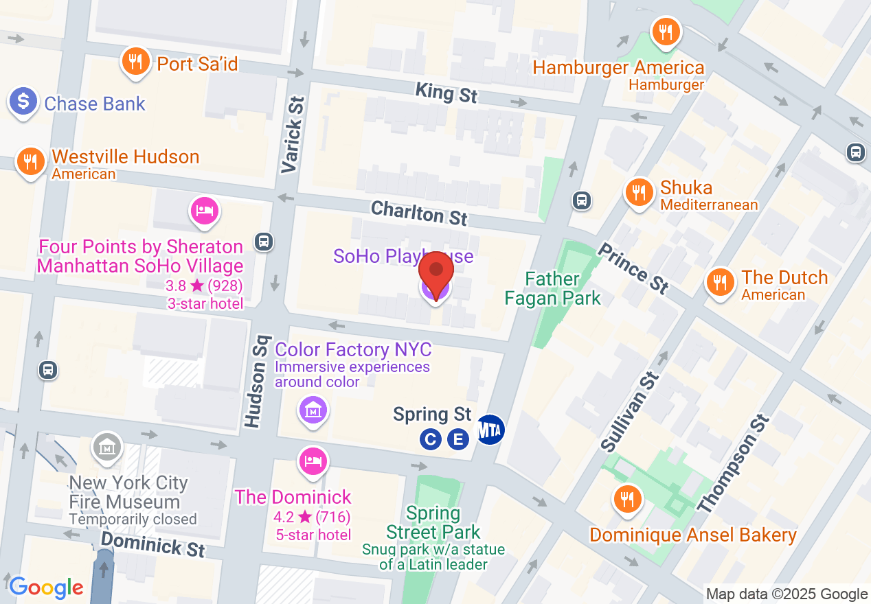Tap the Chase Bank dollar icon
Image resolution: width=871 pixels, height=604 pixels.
(23, 102)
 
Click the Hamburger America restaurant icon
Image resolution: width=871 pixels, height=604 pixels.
(664, 31)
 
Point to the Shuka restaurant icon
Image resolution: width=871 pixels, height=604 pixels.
(639, 191)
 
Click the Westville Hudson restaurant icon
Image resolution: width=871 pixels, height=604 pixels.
(30, 161)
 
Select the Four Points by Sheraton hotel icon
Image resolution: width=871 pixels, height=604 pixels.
(205, 209)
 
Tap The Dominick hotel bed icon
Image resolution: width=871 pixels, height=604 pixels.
(313, 461)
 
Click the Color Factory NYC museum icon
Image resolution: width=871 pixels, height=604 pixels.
(313, 410)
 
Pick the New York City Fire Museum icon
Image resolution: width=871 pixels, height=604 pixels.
(108, 447)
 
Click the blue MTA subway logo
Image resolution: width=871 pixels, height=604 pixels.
(490, 430)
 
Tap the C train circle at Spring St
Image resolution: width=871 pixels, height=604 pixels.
(431, 439)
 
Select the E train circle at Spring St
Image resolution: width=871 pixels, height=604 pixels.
(458, 439)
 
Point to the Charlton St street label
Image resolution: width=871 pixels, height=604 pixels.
(419, 213)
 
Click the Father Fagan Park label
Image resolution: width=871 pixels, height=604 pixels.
(552, 288)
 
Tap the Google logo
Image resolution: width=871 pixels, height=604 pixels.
(46, 588)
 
